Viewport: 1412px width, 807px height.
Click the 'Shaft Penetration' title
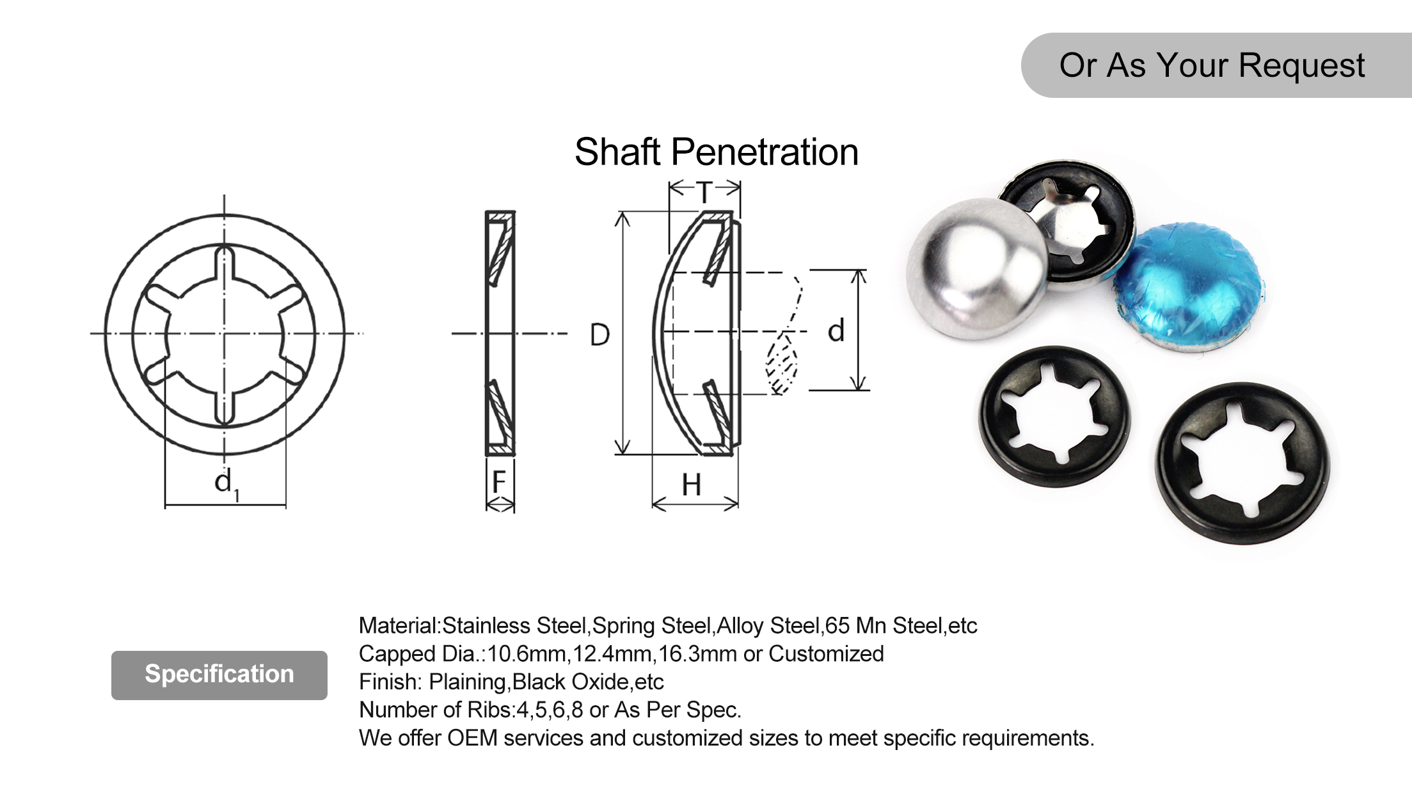pos(716,152)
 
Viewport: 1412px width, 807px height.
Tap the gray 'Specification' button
pos(219,675)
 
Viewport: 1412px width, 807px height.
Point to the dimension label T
pos(704,192)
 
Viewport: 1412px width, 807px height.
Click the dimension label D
pos(599,335)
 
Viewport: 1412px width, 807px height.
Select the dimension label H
pos(691,485)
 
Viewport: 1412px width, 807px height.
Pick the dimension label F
pos(499,482)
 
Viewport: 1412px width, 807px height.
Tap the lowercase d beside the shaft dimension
pos(836,331)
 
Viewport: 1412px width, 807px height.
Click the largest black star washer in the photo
pos(1242,464)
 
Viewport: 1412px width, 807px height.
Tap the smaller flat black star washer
pos(1054,417)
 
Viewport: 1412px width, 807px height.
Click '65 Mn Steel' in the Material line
pos(884,625)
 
